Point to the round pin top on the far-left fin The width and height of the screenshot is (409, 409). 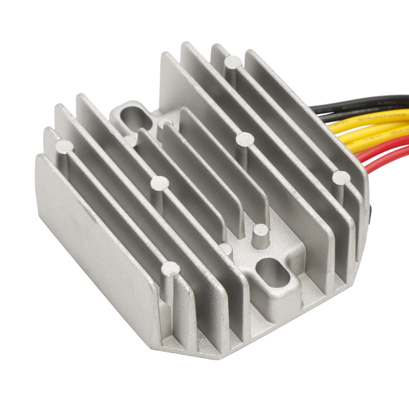pos(64,146)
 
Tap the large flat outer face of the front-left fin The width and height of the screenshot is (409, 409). pos(95,217)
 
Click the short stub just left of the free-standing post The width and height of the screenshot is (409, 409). pos(226,248)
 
